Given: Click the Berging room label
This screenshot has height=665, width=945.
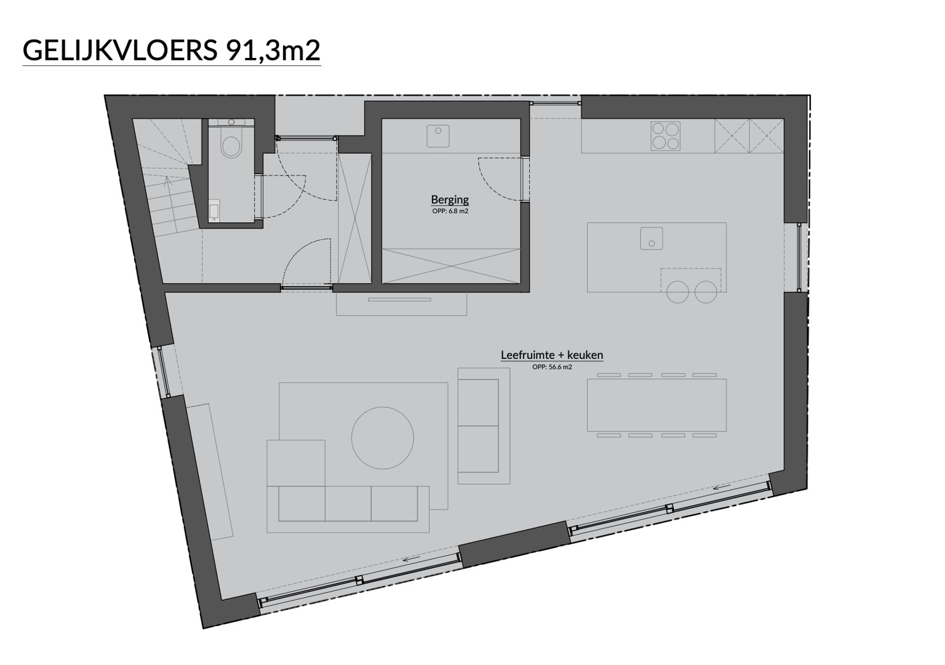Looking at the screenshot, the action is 450,199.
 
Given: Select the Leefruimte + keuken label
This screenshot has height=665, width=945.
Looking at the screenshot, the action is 552,355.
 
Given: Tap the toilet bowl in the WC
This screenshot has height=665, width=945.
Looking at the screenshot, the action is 231,146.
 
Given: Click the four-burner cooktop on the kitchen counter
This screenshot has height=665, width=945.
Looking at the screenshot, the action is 665,136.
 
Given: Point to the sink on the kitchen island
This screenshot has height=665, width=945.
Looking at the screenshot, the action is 652,238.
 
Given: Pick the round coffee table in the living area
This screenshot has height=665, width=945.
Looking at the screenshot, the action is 382,438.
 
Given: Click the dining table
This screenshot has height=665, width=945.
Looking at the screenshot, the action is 656,405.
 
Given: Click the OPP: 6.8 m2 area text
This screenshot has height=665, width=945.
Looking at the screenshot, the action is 450,211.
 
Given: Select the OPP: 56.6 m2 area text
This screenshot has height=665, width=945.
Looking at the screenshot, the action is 552,367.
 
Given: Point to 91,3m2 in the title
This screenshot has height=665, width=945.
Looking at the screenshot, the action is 273,50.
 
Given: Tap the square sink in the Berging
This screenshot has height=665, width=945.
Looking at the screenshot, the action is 438,135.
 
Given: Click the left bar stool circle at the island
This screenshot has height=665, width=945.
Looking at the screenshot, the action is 677,292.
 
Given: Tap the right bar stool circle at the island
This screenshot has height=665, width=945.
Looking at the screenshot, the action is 706,292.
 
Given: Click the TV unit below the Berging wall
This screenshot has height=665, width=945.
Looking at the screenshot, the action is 401,304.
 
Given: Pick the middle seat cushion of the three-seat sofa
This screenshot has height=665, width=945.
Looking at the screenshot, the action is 348,504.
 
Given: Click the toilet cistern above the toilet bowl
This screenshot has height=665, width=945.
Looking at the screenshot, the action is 231,123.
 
